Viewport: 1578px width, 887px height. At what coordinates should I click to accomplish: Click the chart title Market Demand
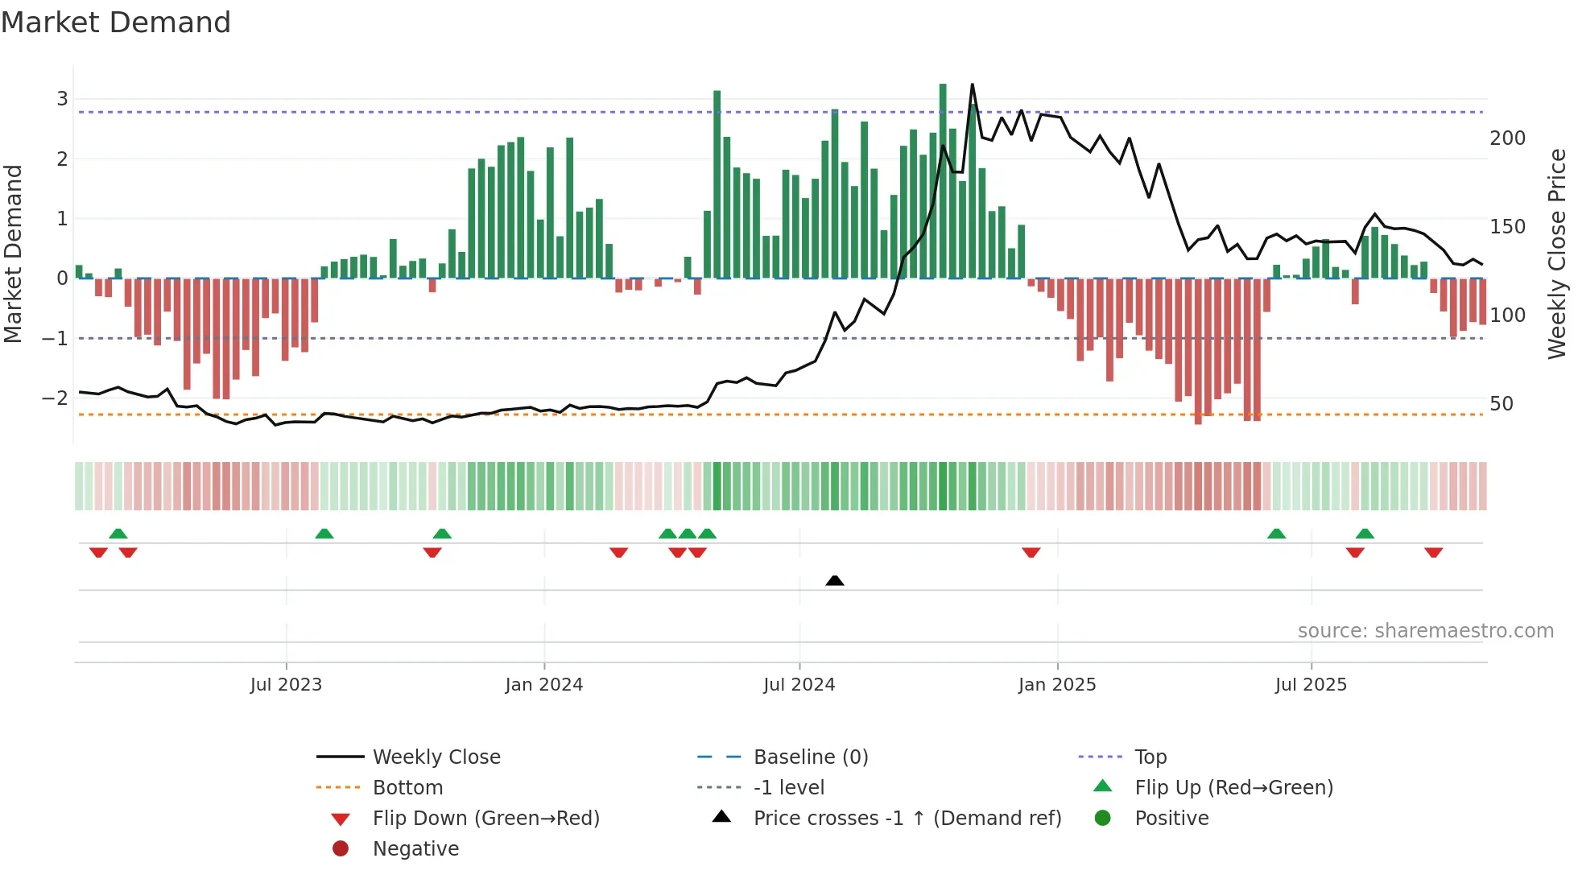tap(116, 23)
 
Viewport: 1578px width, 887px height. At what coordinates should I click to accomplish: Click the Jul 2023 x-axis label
tap(286, 684)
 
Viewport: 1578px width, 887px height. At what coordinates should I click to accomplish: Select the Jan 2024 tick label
tap(543, 684)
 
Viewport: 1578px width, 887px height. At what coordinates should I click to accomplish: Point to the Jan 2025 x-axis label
tap(1056, 684)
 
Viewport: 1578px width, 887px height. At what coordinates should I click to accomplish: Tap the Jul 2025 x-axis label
tap(1310, 684)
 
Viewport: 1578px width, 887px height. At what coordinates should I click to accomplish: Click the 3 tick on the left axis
tap(62, 99)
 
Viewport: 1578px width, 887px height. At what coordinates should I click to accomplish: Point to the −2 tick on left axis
tap(55, 398)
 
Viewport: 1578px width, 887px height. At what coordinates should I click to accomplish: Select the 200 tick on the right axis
tap(1507, 138)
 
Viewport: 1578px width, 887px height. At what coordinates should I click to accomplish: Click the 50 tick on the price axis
tap(1502, 404)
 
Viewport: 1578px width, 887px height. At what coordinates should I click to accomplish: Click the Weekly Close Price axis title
tap(1557, 254)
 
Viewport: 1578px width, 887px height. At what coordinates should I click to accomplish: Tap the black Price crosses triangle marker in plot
tap(835, 580)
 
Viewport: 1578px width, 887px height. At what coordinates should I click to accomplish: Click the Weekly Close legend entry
tap(436, 757)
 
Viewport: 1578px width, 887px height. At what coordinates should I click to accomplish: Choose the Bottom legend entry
tap(407, 787)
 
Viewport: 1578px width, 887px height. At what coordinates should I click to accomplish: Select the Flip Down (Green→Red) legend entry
tap(485, 818)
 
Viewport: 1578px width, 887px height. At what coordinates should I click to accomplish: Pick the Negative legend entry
tap(415, 848)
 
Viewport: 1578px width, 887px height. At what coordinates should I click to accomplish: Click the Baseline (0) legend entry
tap(810, 757)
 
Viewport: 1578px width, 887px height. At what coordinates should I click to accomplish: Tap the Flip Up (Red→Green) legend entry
tap(1233, 787)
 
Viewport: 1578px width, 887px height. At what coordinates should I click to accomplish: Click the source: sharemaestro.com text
tap(1425, 630)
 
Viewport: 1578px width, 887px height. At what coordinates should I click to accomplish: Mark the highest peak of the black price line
tap(973, 85)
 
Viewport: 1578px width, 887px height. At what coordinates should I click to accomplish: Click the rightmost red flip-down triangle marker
tap(1433, 552)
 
